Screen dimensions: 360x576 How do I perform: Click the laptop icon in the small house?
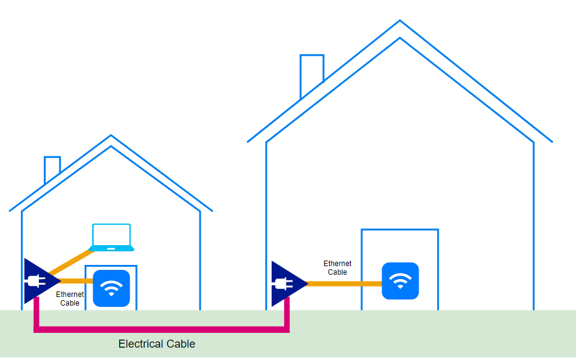(x=112, y=238)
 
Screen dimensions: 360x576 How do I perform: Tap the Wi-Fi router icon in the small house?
(x=111, y=288)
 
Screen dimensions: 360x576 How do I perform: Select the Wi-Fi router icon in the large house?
(x=400, y=281)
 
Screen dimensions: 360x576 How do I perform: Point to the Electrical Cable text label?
(x=157, y=344)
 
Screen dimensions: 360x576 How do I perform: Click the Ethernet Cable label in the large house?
(x=338, y=268)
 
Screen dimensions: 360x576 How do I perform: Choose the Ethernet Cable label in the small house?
(x=70, y=299)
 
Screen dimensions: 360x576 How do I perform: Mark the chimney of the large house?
(x=312, y=71)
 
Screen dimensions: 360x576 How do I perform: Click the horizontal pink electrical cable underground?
(x=161, y=330)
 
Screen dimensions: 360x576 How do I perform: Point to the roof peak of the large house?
(x=400, y=22)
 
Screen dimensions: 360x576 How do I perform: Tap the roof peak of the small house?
(x=111, y=137)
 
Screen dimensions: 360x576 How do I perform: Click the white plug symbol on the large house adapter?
(x=283, y=285)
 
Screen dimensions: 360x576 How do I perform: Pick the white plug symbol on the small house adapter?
(x=33, y=282)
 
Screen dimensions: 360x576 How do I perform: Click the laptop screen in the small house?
(x=112, y=235)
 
